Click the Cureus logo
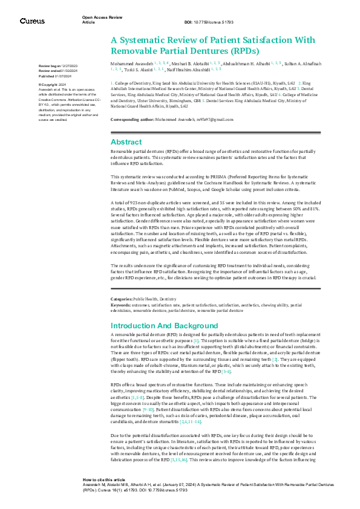coord(32,21)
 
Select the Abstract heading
coord(126,141)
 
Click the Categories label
coord(121,299)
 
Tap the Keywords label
coord(120,305)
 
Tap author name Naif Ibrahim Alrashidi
coord(185,69)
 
